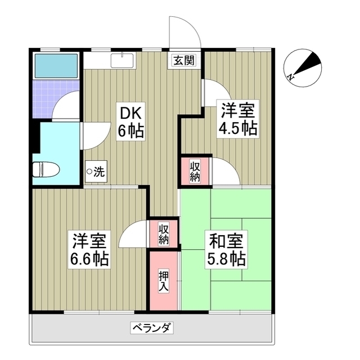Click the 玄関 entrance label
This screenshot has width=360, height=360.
point(184,60)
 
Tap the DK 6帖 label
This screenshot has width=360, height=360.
point(131,121)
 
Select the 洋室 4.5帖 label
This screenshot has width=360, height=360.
point(238,119)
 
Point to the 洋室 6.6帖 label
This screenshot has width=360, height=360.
point(89,250)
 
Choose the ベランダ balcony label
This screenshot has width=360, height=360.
point(152,327)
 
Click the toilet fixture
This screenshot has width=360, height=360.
point(46,170)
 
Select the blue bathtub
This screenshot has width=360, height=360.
point(56,66)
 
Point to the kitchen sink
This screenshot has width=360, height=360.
point(123,61)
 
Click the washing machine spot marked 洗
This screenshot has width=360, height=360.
point(96,172)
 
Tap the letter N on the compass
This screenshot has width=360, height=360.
point(291,77)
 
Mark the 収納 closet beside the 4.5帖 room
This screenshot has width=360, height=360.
point(195,171)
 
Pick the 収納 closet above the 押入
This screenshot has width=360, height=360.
point(164,234)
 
